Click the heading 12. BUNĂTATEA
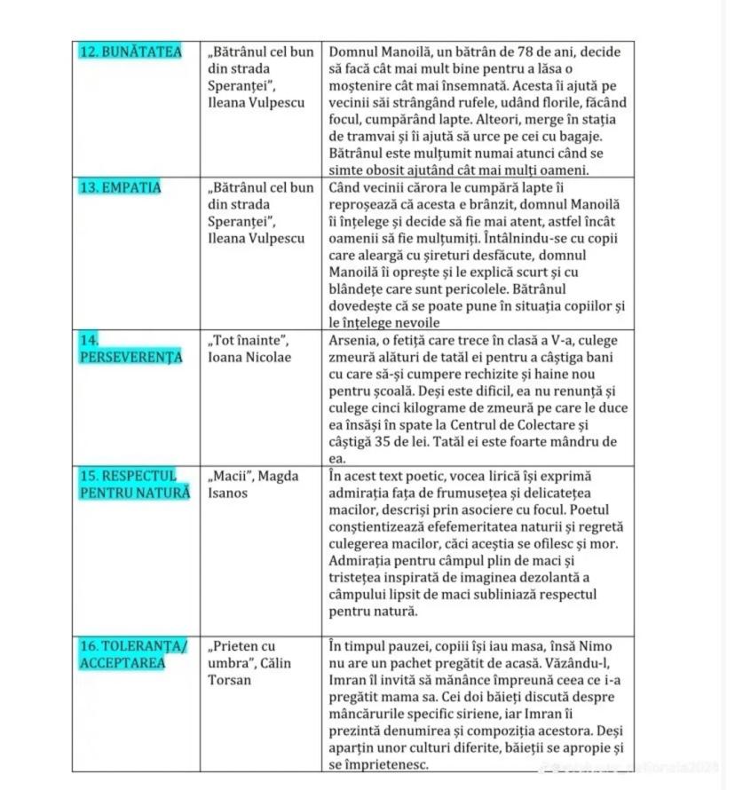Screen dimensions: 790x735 click(x=130, y=52)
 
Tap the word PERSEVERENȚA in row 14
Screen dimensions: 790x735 click(x=130, y=358)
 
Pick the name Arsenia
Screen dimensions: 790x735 click(x=353, y=341)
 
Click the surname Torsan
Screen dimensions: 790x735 click(x=231, y=681)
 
